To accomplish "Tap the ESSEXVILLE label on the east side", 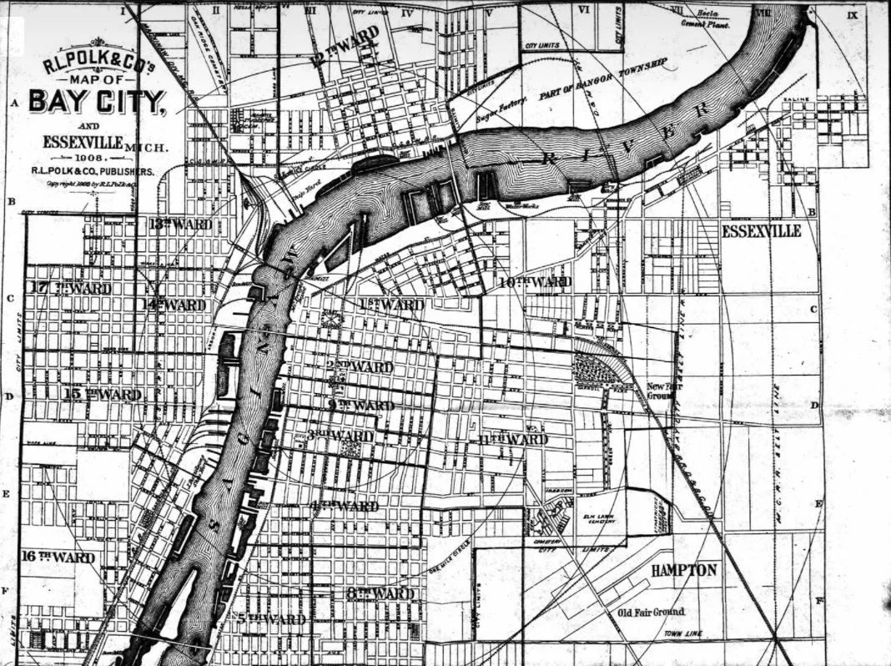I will tap(761, 231).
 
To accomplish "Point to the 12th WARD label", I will tap(344, 46).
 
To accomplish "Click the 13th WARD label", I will tap(180, 225).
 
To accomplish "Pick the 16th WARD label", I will tap(58, 557).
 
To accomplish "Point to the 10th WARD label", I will tap(535, 283).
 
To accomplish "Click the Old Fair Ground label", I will tap(651, 612).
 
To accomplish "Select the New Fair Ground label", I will tap(666, 391).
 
